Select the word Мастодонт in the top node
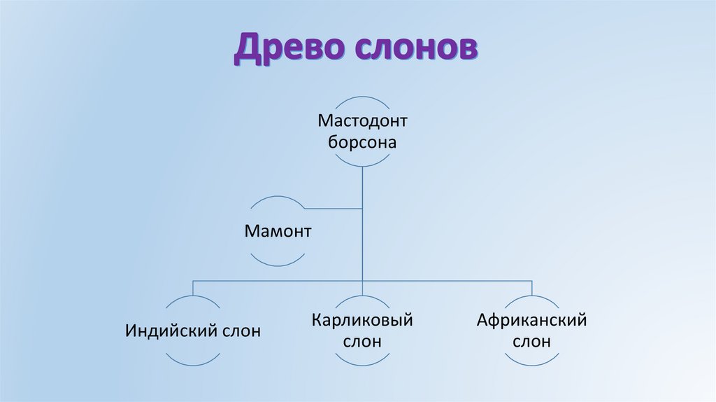(362, 120)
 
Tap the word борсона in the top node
(362, 143)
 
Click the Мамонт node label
(278, 231)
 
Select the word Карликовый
(362, 320)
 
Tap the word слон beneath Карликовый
(362, 342)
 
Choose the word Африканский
(531, 320)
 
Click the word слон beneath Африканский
(531, 342)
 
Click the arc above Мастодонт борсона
(362, 98)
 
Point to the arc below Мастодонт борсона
(362, 165)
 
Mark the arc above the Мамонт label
(278, 198)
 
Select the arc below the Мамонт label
(278, 264)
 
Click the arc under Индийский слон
(193, 363)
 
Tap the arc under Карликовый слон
(362, 363)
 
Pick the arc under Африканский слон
(531, 363)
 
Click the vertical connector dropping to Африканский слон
(531, 287)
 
